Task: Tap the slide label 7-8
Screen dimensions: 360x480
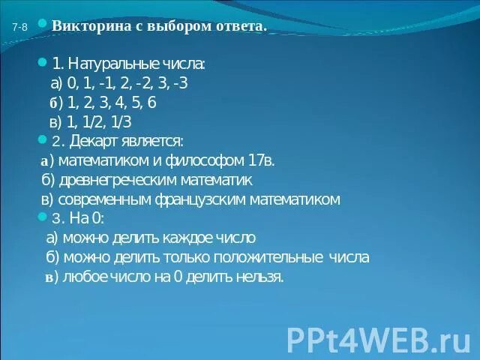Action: [20, 28]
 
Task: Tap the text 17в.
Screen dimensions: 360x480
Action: [263, 160]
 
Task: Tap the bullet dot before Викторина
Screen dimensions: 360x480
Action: [43, 25]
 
